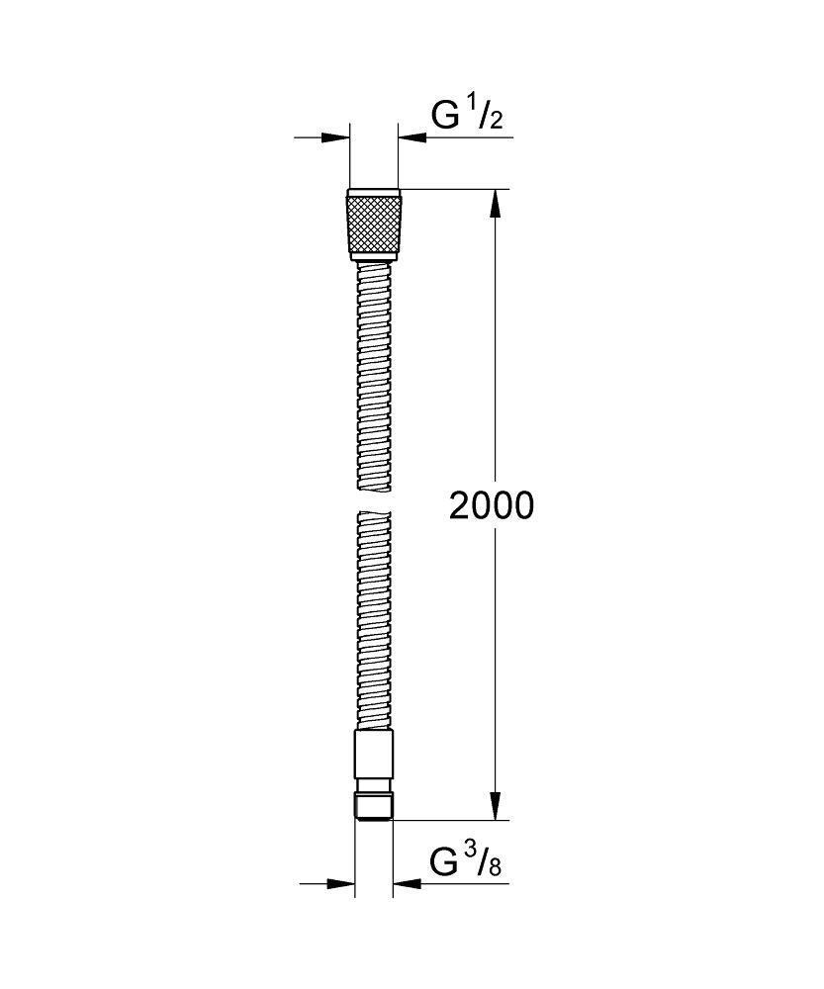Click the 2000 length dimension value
tap(491, 505)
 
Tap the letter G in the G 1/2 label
tap(445, 116)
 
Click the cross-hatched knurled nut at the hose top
tap(374, 226)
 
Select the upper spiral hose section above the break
tap(374, 376)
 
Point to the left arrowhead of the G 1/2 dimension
tap(336, 137)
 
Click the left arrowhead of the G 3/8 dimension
tap(341, 883)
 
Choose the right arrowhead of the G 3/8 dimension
tap(407, 883)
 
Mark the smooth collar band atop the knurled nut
tap(374, 192)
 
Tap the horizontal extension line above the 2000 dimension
tap(455, 188)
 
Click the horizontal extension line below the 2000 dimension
tap(455, 820)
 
